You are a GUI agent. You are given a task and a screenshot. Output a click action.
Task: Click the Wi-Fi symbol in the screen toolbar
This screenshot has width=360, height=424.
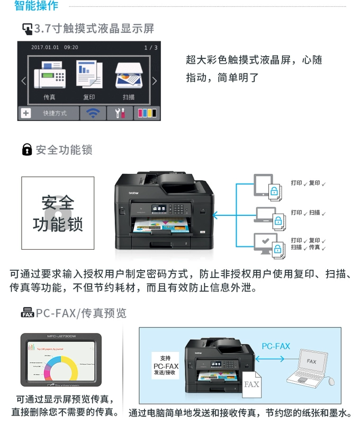(93, 113)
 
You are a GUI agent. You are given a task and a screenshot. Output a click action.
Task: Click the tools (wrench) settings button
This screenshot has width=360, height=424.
(120, 113)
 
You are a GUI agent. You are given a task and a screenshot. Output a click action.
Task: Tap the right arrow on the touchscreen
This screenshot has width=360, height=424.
(155, 81)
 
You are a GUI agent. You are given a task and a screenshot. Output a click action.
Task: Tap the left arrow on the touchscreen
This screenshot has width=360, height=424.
(23, 81)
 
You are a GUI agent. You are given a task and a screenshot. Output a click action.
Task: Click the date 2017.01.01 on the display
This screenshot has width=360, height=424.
(44, 48)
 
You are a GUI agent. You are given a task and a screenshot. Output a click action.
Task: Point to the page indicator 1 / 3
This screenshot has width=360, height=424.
(151, 48)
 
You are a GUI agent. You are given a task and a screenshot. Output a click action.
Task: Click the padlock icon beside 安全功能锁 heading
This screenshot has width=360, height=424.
(27, 150)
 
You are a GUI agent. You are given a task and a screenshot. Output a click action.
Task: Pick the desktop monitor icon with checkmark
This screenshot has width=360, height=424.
(265, 243)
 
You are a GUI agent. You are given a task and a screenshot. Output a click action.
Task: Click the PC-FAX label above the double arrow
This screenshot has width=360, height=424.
(276, 346)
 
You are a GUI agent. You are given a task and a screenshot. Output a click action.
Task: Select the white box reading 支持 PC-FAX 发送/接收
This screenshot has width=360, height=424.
(165, 366)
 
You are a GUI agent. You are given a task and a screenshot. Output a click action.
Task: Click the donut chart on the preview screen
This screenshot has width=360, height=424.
(55, 366)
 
